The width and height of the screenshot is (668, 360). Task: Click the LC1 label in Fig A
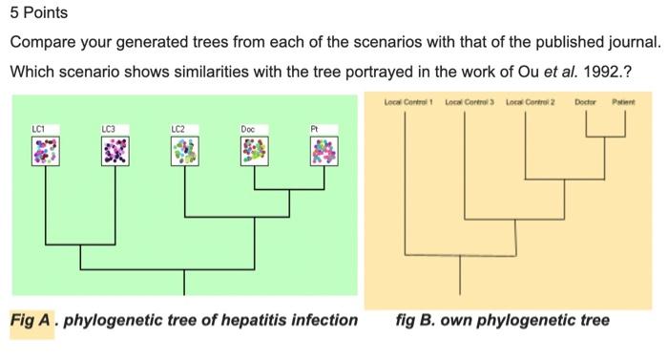[x=38, y=127]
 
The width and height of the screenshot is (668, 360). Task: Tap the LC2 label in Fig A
[x=178, y=127]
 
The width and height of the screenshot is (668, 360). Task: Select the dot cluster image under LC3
[x=115, y=150]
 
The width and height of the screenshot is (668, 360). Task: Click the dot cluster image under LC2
[x=185, y=150]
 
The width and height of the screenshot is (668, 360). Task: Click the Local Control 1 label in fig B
[x=408, y=100]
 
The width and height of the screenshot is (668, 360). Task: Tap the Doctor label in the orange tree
[x=587, y=100]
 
